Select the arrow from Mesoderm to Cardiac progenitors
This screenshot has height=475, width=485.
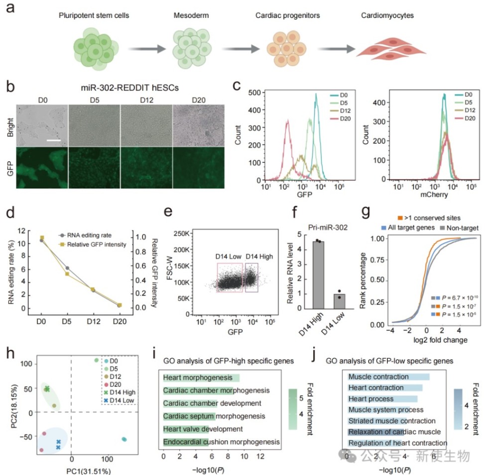pos(241,49)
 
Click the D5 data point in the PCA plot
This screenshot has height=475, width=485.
pos(97,360)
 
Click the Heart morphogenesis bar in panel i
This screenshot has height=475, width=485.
pos(202,378)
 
